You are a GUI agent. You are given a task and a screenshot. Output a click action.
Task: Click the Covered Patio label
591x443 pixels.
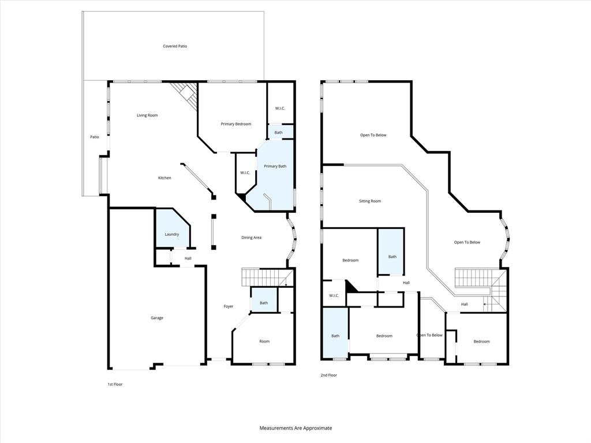click(175, 46)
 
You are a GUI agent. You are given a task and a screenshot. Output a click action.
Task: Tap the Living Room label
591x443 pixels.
click(147, 115)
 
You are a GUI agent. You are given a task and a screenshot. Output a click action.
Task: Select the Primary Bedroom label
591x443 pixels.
click(236, 124)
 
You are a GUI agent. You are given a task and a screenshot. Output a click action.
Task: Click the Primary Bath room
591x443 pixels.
click(275, 173)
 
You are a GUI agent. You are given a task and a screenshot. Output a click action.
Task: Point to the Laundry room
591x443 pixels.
click(171, 231)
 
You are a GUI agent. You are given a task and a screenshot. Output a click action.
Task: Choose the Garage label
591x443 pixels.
click(157, 318)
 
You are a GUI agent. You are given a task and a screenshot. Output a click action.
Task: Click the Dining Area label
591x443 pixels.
click(251, 237)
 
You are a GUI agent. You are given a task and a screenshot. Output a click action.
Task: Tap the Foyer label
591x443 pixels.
click(229, 306)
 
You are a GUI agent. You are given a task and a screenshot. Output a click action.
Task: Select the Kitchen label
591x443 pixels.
click(164, 178)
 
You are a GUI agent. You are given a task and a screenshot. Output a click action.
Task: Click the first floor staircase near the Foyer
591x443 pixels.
click(263, 277)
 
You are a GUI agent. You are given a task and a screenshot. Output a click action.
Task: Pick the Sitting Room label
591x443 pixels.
click(370, 201)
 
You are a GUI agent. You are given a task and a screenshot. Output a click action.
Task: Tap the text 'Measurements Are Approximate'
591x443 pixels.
click(295, 428)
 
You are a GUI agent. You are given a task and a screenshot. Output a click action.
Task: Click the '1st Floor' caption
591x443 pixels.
click(115, 384)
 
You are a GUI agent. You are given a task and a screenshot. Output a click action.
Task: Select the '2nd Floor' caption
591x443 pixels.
click(329, 375)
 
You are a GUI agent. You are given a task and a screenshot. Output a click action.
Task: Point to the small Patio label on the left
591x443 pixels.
click(95, 137)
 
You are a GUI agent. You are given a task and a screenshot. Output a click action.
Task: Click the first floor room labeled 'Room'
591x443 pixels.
click(264, 341)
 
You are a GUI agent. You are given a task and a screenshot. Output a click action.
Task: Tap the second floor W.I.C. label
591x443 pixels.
click(334, 296)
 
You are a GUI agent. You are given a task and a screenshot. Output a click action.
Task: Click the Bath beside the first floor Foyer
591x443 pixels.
click(264, 303)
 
